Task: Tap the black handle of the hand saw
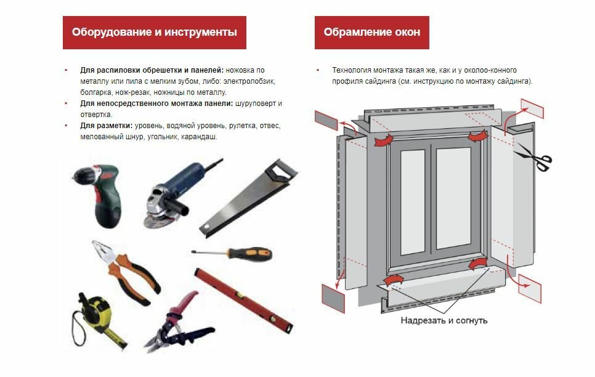pos(281,172)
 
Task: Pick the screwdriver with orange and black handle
pos(232,254)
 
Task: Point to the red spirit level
pos(244,300)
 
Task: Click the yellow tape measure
pos(97,319)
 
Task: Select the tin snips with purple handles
pos(179,323)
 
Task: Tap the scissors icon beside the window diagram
pos(535,158)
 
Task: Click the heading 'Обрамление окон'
pos(372,32)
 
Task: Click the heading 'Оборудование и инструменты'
pos(155,32)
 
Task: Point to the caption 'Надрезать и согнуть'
pos(444,320)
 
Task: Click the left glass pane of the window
pos(413,202)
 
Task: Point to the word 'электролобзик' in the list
pos(249,81)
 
